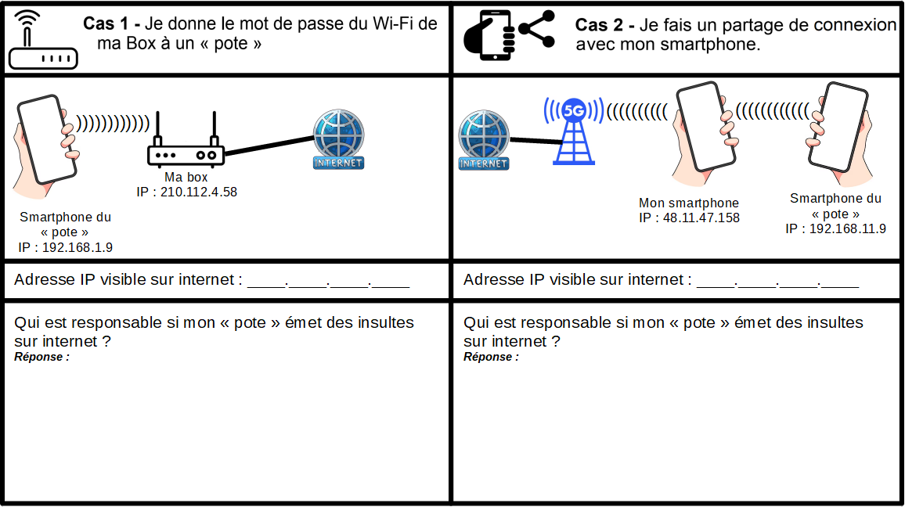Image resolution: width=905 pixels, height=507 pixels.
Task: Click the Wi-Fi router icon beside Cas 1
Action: (x=43, y=40)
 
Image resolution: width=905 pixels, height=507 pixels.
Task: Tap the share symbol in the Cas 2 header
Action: (x=537, y=29)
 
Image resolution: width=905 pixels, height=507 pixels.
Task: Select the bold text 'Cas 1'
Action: (x=106, y=23)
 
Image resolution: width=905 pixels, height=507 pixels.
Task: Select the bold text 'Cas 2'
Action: (x=599, y=25)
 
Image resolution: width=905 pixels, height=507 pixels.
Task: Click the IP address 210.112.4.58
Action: (x=199, y=192)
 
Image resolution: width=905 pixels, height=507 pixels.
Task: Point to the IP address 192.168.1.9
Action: (x=78, y=247)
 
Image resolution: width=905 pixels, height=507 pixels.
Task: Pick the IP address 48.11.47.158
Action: (x=701, y=218)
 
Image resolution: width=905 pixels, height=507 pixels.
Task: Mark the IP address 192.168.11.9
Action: (x=847, y=229)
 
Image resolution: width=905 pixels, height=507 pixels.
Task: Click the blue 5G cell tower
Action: (x=574, y=131)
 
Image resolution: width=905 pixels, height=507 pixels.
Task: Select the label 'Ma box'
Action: (x=186, y=177)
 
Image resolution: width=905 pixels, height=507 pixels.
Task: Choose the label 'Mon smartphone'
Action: (x=689, y=203)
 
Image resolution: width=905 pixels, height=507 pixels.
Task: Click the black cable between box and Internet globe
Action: (x=269, y=145)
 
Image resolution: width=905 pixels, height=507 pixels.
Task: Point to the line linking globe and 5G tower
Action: (x=535, y=140)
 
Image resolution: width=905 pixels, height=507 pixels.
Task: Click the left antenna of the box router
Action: (x=157, y=129)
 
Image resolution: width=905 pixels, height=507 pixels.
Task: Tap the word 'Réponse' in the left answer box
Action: (x=38, y=357)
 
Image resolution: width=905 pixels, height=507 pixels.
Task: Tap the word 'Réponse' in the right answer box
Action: (x=487, y=357)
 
